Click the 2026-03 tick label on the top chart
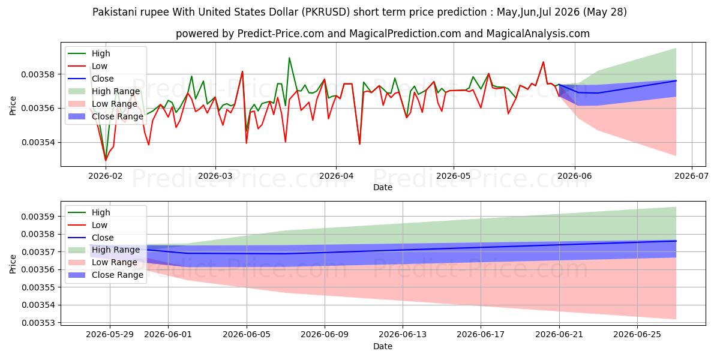pos(215,176)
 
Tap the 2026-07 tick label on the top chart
pos(691,176)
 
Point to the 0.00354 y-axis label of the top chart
pos(38,142)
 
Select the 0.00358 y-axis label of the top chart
pos(38,74)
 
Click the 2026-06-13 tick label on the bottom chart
pos(403,335)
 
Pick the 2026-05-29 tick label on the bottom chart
pos(110,335)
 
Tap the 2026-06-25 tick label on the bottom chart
pos(637,335)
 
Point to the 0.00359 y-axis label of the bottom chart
pos(38,217)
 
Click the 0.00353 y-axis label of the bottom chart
pos(38,323)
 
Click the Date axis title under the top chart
pos(383,187)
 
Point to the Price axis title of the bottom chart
pos(13,264)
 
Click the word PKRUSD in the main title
pos(326,12)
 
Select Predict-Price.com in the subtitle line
pos(280,34)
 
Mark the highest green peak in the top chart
pos(289,58)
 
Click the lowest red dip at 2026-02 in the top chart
pos(106,160)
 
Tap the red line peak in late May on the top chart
pos(543,62)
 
